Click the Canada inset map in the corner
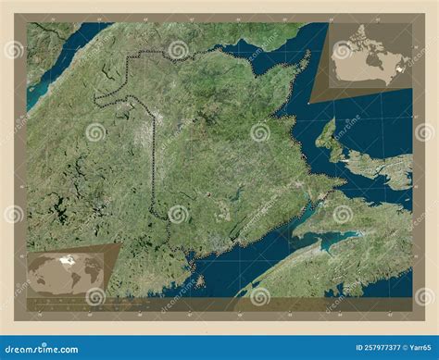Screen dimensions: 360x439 click(x=366, y=61)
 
